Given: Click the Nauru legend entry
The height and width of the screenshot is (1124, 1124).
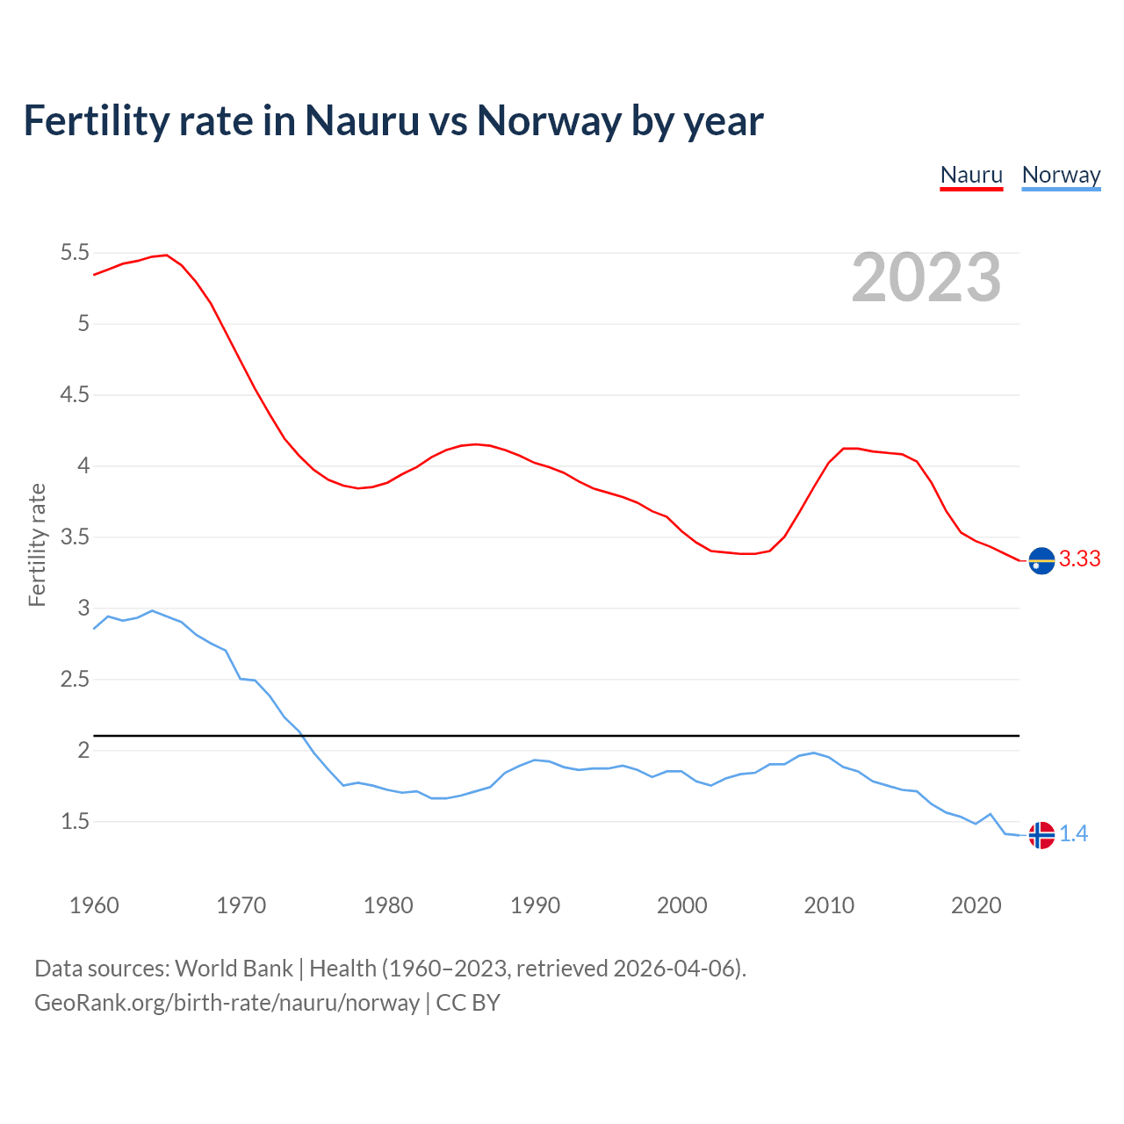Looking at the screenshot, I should click(971, 175).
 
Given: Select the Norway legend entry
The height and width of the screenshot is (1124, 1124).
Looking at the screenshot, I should click(1061, 175).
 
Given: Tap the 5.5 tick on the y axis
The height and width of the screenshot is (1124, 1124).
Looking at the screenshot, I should click(75, 253).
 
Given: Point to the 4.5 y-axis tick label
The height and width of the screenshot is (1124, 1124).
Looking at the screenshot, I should click(75, 395).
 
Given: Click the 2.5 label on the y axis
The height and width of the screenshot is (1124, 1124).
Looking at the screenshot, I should click(75, 680).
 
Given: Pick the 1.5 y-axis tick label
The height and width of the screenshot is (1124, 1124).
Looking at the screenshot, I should click(75, 822).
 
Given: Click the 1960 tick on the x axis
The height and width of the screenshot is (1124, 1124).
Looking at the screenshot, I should click(94, 905).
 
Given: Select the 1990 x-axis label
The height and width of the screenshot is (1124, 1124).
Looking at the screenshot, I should click(535, 905).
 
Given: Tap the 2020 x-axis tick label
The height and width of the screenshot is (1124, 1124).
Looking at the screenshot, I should click(976, 905).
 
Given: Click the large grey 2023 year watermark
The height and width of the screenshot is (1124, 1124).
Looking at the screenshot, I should click(926, 277).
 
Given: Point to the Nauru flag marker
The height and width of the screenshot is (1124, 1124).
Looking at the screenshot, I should click(1041, 560).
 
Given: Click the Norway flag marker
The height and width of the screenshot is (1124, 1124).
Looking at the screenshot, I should click(1041, 835).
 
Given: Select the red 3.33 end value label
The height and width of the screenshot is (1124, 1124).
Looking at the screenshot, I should click(1079, 559).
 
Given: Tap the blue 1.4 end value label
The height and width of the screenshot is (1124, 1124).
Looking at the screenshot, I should click(1073, 834).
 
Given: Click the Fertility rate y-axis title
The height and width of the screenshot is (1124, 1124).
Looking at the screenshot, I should click(37, 544).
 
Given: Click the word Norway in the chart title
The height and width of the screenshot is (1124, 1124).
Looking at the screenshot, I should click(549, 120).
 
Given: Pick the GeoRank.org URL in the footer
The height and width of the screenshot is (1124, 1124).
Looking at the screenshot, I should click(227, 1002).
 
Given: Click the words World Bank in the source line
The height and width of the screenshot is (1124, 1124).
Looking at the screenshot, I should click(234, 969).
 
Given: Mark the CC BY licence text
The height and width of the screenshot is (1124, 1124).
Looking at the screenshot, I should click(468, 1002).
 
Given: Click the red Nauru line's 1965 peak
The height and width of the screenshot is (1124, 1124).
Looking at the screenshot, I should click(167, 256).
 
